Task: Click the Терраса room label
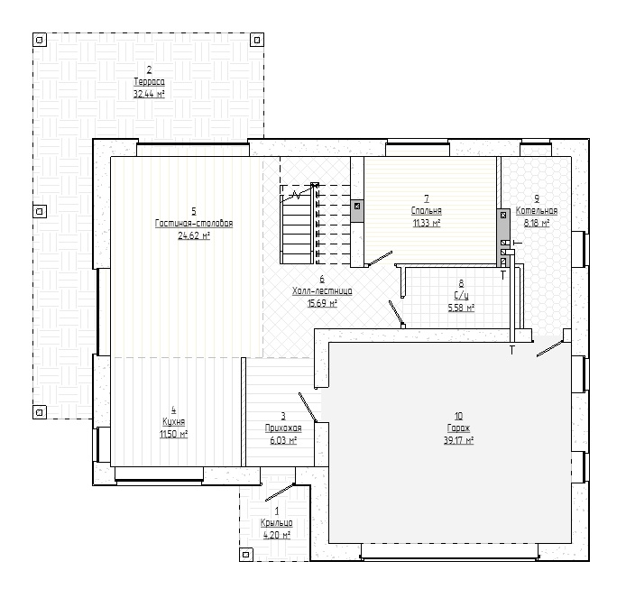coord(149,82)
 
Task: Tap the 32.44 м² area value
coord(149,94)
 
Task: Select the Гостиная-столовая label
coord(194,223)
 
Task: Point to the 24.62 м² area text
coord(194,235)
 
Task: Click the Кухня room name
coord(174,422)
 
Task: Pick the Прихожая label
coord(283,428)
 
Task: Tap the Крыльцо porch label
coord(277,523)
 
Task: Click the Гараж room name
coord(458,428)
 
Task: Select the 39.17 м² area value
coord(458,440)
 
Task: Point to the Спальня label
coord(427,210)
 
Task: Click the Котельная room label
coord(537,210)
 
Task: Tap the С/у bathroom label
coord(461,296)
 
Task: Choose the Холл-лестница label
coord(322,291)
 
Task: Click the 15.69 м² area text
coord(322,303)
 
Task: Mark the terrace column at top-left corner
coord(40,40)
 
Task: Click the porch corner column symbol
coord(246,554)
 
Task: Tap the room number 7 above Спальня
coord(427,198)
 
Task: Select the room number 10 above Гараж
coord(458,416)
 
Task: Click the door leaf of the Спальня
coord(380,258)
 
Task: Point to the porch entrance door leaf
coord(281,492)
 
